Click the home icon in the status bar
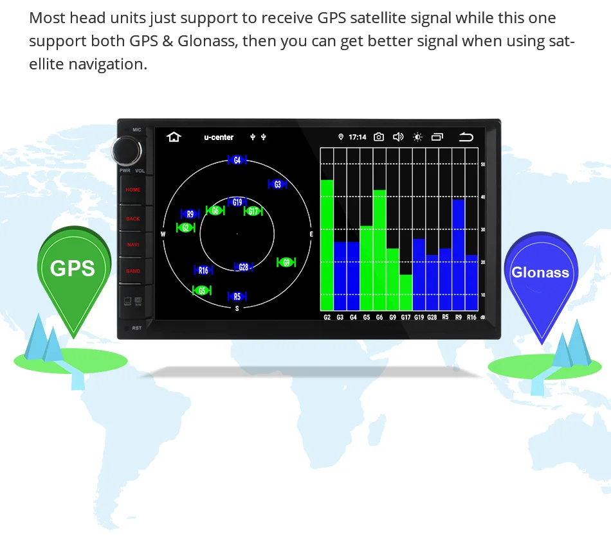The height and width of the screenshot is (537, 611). [173, 137]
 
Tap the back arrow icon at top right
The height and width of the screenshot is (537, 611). [466, 137]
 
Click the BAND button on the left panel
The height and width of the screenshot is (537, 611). [133, 271]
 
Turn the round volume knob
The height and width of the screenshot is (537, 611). [126, 151]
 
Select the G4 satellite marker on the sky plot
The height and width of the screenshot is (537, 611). [237, 160]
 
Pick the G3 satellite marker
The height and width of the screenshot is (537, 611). [277, 184]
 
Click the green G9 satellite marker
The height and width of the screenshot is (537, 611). [286, 262]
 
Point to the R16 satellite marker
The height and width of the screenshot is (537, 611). [203, 270]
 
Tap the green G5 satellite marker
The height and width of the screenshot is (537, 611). [202, 290]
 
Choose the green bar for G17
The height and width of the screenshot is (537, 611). [406, 293]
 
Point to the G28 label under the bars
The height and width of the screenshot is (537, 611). [432, 317]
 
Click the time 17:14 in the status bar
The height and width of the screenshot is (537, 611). [358, 137]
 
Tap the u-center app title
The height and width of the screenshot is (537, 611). [219, 137]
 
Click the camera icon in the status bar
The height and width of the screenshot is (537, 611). [379, 137]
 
